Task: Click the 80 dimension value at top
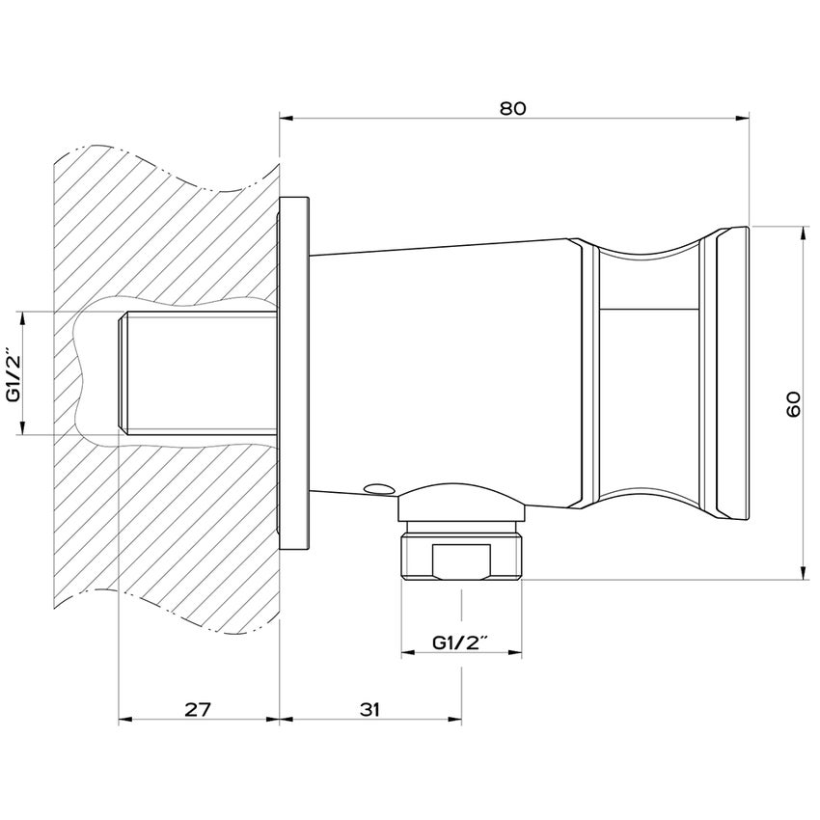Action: (x=512, y=109)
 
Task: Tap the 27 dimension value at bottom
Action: (x=197, y=709)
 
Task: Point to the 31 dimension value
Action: (x=369, y=709)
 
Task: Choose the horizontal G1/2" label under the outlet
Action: (x=461, y=642)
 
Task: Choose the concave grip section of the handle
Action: (x=648, y=376)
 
